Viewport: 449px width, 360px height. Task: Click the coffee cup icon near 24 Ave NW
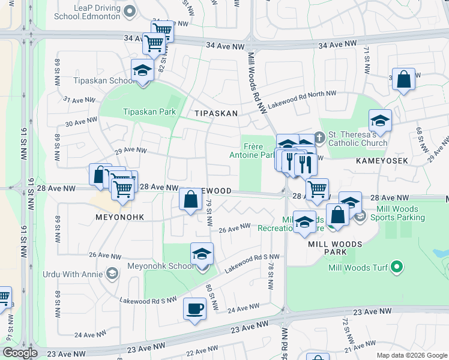[x=194, y=309]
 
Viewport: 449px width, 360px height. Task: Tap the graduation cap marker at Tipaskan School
[x=142, y=71]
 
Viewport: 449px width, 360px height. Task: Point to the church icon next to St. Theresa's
[x=320, y=137]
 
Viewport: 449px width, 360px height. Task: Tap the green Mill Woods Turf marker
[x=396, y=266]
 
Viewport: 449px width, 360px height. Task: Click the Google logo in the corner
[x=20, y=353]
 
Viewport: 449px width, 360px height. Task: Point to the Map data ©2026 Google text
[x=411, y=355]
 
